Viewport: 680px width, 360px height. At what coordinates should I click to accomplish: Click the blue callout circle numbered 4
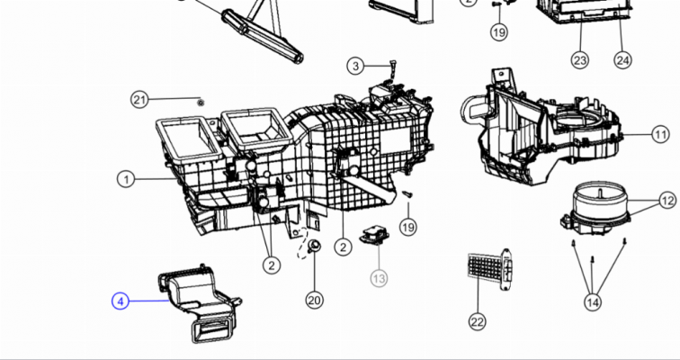[121, 301]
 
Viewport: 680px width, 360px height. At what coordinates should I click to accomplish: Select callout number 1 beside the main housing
[126, 180]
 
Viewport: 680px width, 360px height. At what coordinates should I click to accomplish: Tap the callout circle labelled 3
[355, 66]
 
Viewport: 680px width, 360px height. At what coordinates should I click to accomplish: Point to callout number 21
[139, 100]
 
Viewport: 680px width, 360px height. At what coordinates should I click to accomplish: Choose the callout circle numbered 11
[660, 134]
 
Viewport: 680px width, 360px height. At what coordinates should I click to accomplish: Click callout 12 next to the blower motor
[667, 201]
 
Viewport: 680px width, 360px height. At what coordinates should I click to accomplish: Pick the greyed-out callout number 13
[379, 278]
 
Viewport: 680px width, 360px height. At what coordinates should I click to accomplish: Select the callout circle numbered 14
[593, 301]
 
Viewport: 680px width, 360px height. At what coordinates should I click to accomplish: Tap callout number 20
[315, 300]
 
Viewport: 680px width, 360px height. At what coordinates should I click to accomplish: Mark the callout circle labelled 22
[477, 322]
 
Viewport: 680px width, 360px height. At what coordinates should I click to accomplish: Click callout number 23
[580, 60]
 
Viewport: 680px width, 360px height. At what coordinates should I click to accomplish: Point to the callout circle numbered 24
[622, 60]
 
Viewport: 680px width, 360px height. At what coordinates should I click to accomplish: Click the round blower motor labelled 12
[595, 209]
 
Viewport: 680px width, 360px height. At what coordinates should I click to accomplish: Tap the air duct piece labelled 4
[200, 302]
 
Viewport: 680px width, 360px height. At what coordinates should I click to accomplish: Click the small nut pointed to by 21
[201, 103]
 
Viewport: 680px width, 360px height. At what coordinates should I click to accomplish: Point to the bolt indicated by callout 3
[392, 67]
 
